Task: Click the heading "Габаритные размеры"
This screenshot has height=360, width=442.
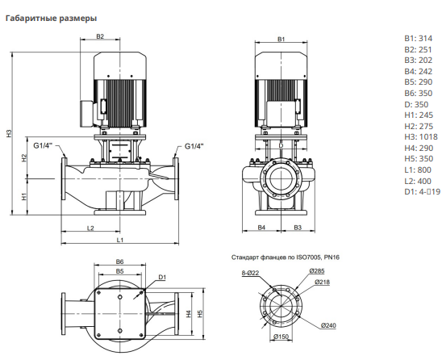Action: pyautogui.click(x=51, y=19)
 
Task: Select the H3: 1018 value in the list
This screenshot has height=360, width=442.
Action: pyautogui.click(x=421, y=137)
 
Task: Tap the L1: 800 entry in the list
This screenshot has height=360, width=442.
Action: pyautogui.click(x=418, y=170)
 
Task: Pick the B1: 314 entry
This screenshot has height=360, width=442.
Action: pyautogui.click(x=419, y=39)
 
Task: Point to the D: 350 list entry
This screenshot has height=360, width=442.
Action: pyautogui.click(x=416, y=104)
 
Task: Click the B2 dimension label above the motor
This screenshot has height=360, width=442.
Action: pyautogui.click(x=100, y=36)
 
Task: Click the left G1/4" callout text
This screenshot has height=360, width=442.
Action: pyautogui.click(x=43, y=145)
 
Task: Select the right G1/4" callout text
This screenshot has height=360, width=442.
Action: pyautogui.click(x=194, y=146)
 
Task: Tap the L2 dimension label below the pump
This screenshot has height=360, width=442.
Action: pyautogui.click(x=90, y=228)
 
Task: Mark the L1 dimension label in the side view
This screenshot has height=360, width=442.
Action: pyautogui.click(x=120, y=240)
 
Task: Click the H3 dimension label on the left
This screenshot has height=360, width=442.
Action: pyautogui.click(x=10, y=133)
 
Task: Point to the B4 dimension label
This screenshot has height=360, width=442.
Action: pyautogui.click(x=261, y=227)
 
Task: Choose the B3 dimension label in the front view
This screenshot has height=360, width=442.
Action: pyautogui.click(x=298, y=227)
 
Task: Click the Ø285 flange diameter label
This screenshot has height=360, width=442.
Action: pyautogui.click(x=317, y=271)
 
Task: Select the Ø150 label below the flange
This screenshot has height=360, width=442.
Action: pyautogui.click(x=281, y=337)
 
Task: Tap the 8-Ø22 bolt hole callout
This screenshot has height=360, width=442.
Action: pyautogui.click(x=250, y=273)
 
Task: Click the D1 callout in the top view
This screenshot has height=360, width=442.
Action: pyautogui.click(x=162, y=278)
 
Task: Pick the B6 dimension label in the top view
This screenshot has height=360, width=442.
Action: pyautogui.click(x=120, y=262)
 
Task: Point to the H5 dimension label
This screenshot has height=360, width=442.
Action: pyautogui.click(x=200, y=314)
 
